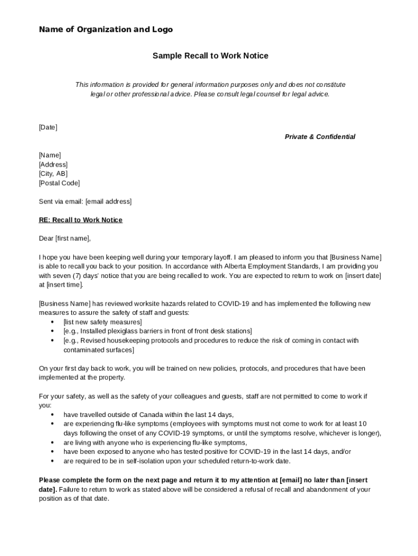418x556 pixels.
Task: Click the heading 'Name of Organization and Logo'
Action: tap(106, 29)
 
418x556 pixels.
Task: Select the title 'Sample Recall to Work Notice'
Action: tap(210, 56)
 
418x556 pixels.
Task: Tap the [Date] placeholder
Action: tap(48, 127)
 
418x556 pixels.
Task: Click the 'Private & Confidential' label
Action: tap(320, 137)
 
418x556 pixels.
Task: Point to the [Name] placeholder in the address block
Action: tap(50, 155)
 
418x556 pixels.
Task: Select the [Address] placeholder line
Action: tap(53, 165)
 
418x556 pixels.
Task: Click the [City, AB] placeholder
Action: tap(53, 174)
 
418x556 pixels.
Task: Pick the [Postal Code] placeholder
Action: tap(59, 183)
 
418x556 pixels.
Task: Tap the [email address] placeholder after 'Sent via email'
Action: tap(109, 201)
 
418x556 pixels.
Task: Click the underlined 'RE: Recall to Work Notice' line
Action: tap(80, 220)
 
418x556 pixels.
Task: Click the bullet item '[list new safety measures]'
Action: tap(103, 322)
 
